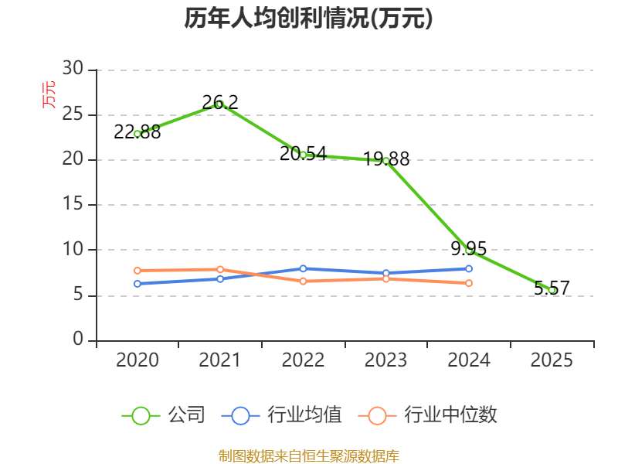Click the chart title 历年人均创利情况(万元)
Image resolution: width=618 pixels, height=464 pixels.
tap(308, 19)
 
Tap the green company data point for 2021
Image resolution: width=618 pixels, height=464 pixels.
tap(220, 104)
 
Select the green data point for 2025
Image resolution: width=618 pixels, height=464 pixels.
tap(552, 290)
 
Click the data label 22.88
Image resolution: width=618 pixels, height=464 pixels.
tap(138, 132)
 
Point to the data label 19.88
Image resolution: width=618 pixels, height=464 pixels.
tap(386, 159)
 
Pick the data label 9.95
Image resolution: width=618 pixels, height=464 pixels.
tap(469, 248)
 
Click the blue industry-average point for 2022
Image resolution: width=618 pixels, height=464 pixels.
tap(303, 268)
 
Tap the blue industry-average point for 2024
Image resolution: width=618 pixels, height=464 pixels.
tap(469, 268)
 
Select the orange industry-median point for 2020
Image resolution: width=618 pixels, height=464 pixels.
tap(138, 271)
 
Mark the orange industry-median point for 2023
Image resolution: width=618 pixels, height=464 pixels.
tap(386, 279)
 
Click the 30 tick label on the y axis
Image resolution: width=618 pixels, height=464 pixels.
tap(73, 68)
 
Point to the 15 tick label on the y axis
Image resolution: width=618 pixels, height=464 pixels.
tap(73, 203)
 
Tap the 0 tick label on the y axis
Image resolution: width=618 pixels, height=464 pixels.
tap(78, 339)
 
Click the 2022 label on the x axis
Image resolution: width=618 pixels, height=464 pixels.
tap(303, 360)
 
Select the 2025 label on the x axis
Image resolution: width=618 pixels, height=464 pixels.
tap(552, 360)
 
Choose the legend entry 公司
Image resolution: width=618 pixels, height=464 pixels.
tap(164, 415)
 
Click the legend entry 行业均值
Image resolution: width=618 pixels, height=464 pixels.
tap(282, 415)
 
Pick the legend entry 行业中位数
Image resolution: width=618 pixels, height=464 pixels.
tap(428, 415)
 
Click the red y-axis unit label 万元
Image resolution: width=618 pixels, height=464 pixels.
tap(49, 94)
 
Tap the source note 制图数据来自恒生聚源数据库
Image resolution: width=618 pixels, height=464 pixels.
tap(309, 456)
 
